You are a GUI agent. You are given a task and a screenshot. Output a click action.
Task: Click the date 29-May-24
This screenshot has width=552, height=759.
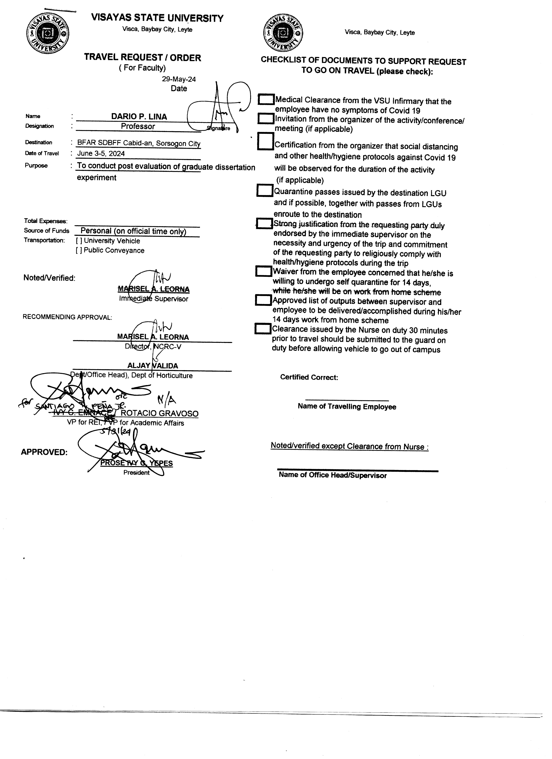[179, 79]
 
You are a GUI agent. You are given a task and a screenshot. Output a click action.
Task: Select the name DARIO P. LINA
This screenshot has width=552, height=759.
[139, 116]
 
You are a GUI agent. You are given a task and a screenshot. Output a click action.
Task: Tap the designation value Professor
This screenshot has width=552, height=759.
[138, 127]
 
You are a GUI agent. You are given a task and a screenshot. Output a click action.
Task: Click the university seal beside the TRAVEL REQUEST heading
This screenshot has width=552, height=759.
[48, 34]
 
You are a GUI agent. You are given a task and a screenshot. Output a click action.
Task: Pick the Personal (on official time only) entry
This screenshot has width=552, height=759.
[133, 231]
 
